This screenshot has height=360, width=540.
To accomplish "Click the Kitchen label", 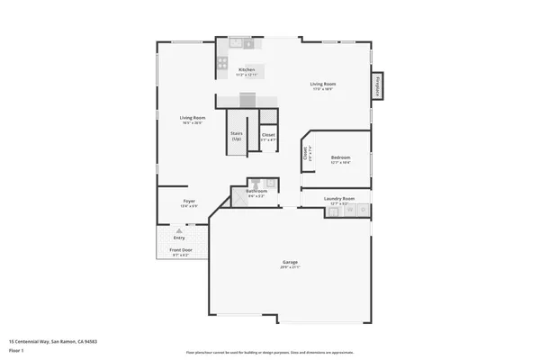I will point(247,69).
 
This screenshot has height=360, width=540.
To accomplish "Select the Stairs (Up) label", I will point(236,135).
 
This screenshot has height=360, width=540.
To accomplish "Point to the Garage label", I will point(290,262).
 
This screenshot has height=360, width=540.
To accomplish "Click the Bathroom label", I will point(256,191).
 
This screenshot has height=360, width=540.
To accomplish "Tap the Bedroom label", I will point(340,157).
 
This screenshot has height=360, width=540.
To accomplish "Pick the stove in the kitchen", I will point(222,63).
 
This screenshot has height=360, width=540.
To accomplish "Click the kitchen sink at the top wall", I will point(235,41).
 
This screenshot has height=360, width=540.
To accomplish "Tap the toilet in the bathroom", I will point(255,183).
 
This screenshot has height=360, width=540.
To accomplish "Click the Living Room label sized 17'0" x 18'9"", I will point(323,84).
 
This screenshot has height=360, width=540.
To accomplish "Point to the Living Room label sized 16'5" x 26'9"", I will point(193,118).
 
